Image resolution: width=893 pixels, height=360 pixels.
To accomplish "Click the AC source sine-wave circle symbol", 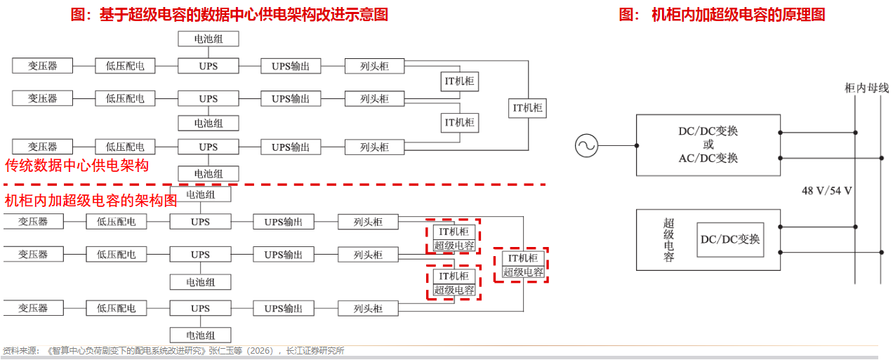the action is tap(586, 145).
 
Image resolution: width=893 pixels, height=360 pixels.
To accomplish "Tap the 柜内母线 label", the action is tap(867, 88).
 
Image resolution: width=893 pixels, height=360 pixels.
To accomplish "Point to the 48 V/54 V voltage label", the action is tap(827, 191).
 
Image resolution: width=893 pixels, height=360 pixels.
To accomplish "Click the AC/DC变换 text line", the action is tap(708, 159).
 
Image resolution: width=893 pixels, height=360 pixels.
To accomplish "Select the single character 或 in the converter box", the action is tap(708, 145).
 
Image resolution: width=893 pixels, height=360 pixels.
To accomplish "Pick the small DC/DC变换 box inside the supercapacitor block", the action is tap(730, 239).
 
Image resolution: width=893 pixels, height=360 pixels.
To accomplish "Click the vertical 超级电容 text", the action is tap(668, 239).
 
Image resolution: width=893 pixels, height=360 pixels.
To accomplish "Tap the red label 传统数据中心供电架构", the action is tap(77, 166).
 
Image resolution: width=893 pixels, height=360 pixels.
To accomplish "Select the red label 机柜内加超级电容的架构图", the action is tap(91, 201).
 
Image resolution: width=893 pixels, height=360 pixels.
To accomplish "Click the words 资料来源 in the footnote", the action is tap(19, 351).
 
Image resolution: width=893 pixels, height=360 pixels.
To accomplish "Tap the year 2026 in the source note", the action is tap(260, 351).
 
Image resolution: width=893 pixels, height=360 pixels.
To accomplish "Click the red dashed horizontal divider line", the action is tap(274, 185).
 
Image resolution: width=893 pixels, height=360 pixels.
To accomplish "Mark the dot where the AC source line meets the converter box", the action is tap(637, 145).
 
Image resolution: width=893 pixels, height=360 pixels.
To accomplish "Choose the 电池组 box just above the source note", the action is tap(201, 335).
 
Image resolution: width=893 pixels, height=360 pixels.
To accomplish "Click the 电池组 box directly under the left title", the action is tap(209, 39).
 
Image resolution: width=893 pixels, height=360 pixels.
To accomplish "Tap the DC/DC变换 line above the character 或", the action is tap(708, 131).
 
